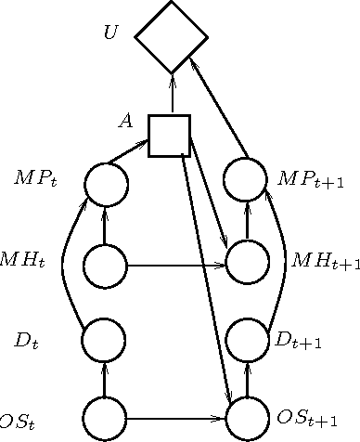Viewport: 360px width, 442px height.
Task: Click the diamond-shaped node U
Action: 172,37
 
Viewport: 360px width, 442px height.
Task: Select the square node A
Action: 170,136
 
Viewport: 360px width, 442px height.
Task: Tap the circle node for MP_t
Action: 105,184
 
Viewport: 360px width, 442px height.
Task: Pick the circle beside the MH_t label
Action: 104,266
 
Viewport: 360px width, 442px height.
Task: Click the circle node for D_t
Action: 104,340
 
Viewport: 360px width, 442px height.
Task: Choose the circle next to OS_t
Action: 104,418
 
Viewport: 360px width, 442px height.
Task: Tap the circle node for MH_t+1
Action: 247,263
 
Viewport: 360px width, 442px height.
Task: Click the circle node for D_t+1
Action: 247,340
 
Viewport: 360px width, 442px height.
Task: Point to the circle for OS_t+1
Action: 247,418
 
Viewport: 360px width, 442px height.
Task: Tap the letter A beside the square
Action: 125,121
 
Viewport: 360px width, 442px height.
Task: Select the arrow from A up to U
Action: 172,94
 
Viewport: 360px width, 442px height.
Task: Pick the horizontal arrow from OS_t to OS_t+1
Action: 176,419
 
